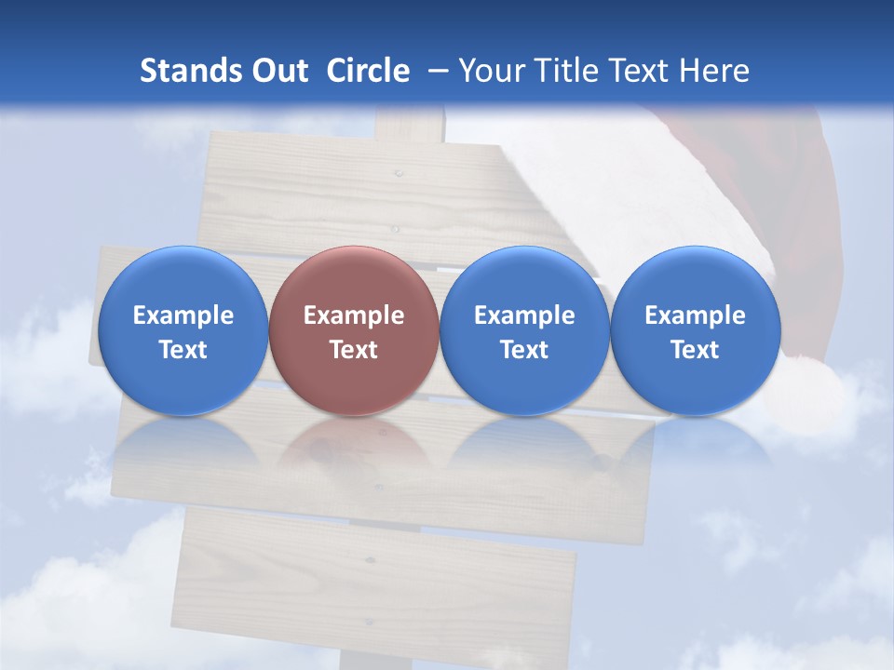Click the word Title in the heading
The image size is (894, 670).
click(x=568, y=71)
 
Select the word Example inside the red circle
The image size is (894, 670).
click(x=354, y=315)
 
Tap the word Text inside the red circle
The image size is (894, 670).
click(x=354, y=350)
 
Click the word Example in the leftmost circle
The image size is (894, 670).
click(x=183, y=315)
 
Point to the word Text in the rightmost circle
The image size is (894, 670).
click(x=695, y=350)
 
